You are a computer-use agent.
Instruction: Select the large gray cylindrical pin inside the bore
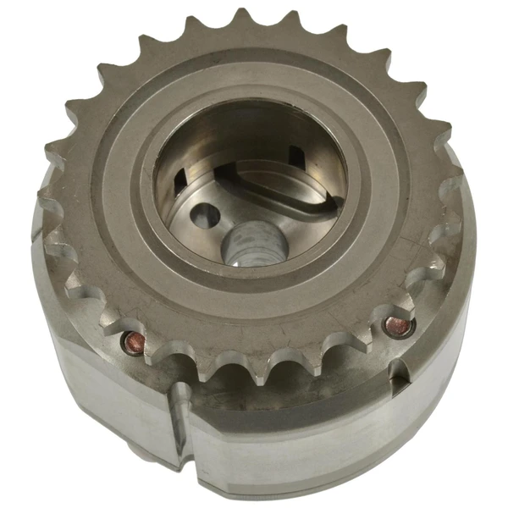pos(253,243)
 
